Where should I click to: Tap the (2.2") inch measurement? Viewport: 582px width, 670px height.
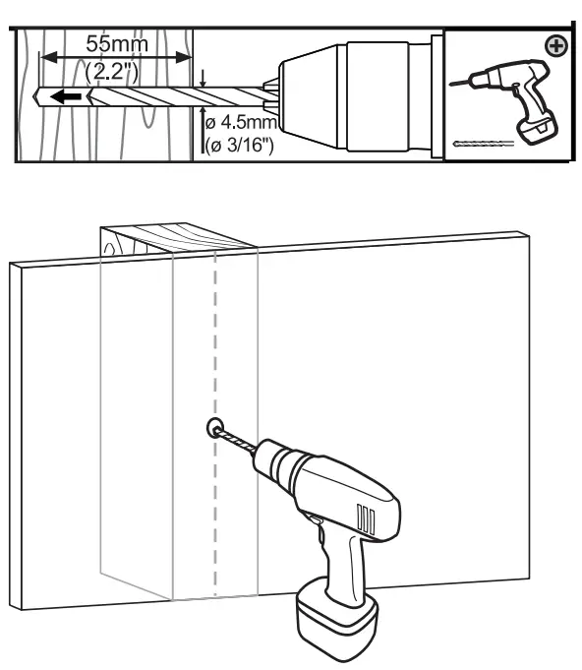pos(113,73)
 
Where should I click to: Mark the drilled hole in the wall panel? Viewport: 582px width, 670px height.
pos(213,427)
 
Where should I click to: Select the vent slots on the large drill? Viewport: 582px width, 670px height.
pos(367,518)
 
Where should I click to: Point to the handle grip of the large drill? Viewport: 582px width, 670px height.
pos(344,561)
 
